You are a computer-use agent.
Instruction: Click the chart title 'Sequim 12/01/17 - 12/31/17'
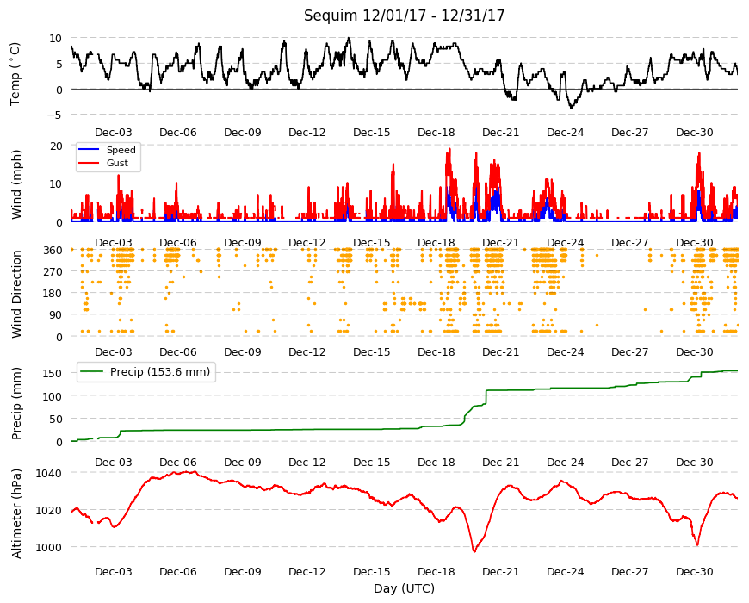point(404,16)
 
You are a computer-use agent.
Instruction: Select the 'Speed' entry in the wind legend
point(121,150)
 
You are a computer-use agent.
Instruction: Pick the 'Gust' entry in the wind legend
point(117,163)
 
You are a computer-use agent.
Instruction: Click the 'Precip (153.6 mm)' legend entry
point(160,372)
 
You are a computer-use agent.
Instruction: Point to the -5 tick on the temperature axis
point(55,115)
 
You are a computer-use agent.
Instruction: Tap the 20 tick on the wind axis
point(56,146)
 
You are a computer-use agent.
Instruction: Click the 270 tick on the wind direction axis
point(53,272)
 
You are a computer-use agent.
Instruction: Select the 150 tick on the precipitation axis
point(53,373)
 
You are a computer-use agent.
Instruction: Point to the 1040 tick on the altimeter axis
point(49,473)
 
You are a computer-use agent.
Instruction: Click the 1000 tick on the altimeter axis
point(49,547)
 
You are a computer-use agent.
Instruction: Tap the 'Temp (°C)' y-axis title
point(15,75)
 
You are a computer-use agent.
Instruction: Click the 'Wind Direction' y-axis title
point(16,295)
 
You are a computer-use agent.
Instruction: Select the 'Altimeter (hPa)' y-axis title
point(16,514)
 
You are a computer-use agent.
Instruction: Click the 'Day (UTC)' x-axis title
point(404,588)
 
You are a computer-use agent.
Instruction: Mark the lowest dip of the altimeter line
point(474,551)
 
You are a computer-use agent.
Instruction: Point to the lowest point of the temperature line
point(571,108)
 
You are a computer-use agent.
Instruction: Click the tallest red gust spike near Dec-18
point(449,150)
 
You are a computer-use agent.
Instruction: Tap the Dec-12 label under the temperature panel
point(307,133)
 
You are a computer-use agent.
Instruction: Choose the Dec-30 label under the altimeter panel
point(695,571)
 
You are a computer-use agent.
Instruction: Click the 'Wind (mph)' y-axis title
point(16,184)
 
